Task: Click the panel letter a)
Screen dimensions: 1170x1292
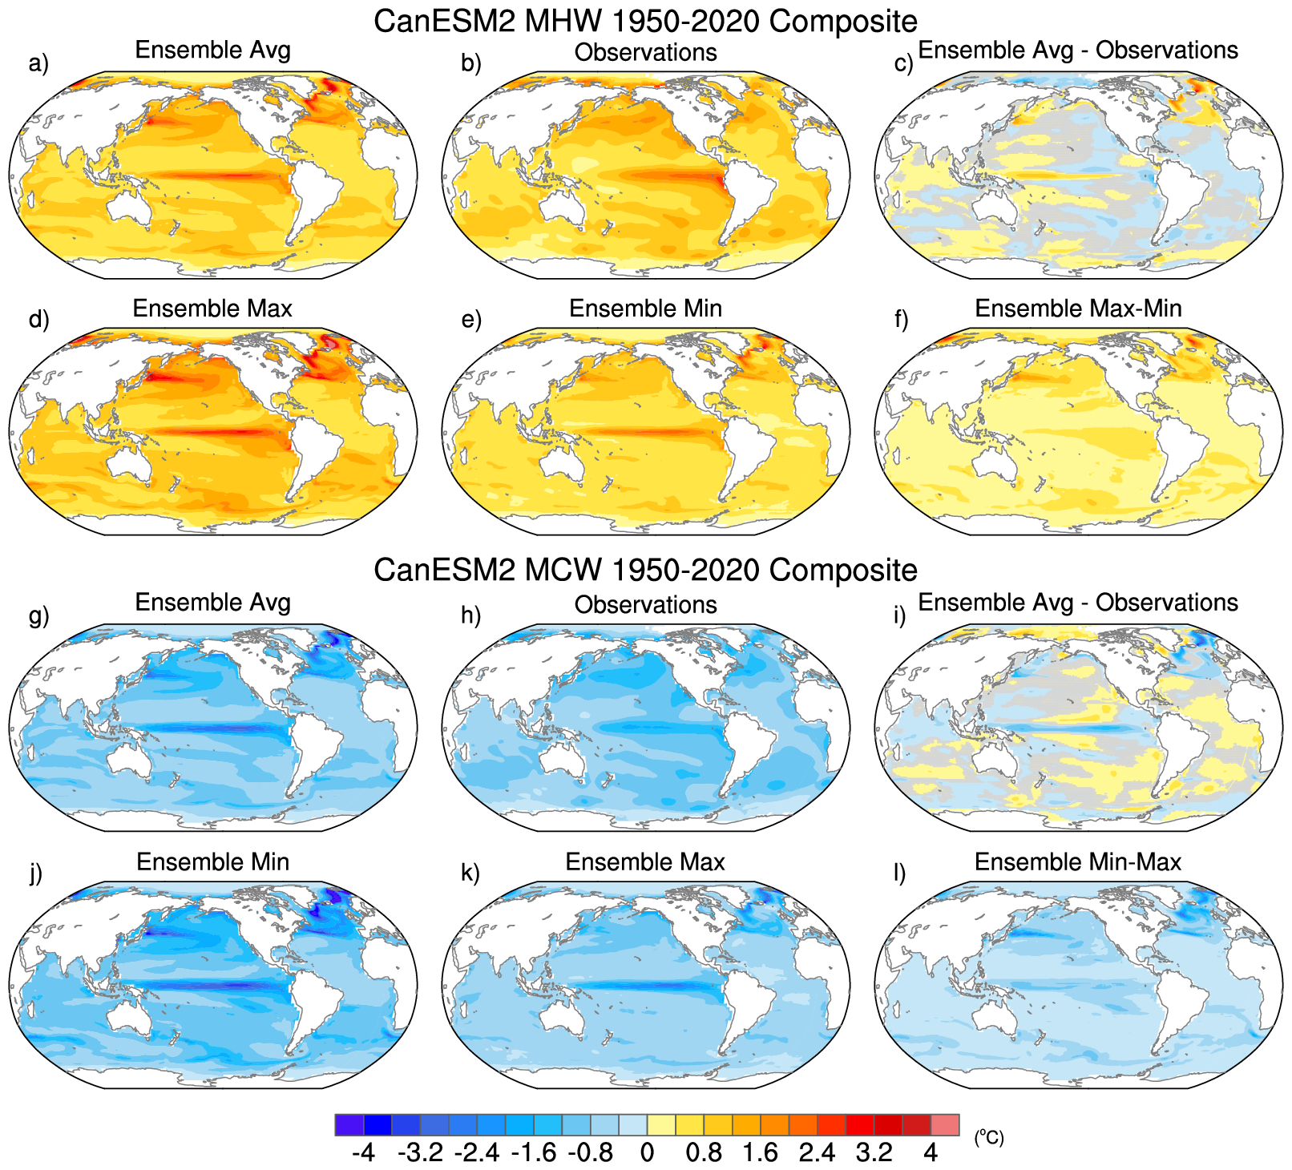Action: pyautogui.click(x=38, y=63)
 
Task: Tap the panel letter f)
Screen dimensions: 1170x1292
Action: pyautogui.click(x=902, y=320)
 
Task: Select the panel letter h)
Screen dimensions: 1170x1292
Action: pyautogui.click(x=470, y=615)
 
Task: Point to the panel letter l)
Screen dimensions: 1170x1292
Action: pyautogui.click(x=899, y=873)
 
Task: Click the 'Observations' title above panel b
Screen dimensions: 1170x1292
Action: pyautogui.click(x=645, y=52)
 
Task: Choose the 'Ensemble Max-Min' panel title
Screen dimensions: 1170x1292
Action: pyautogui.click(x=1078, y=309)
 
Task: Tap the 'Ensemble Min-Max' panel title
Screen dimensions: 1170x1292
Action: pyautogui.click(x=1078, y=861)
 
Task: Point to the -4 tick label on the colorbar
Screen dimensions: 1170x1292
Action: pyautogui.click(x=363, y=1152)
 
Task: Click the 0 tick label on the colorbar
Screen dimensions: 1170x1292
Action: pyautogui.click(x=647, y=1152)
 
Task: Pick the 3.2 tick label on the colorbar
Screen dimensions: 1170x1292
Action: pyautogui.click(x=874, y=1152)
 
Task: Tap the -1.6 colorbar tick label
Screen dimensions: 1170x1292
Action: pyautogui.click(x=533, y=1152)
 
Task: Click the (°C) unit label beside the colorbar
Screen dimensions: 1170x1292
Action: pyautogui.click(x=989, y=1136)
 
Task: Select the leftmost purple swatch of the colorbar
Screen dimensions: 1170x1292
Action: pyautogui.click(x=349, y=1124)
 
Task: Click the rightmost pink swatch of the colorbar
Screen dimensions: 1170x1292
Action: pyautogui.click(x=944, y=1124)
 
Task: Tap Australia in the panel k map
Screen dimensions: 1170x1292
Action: pyautogui.click(x=561, y=1014)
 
